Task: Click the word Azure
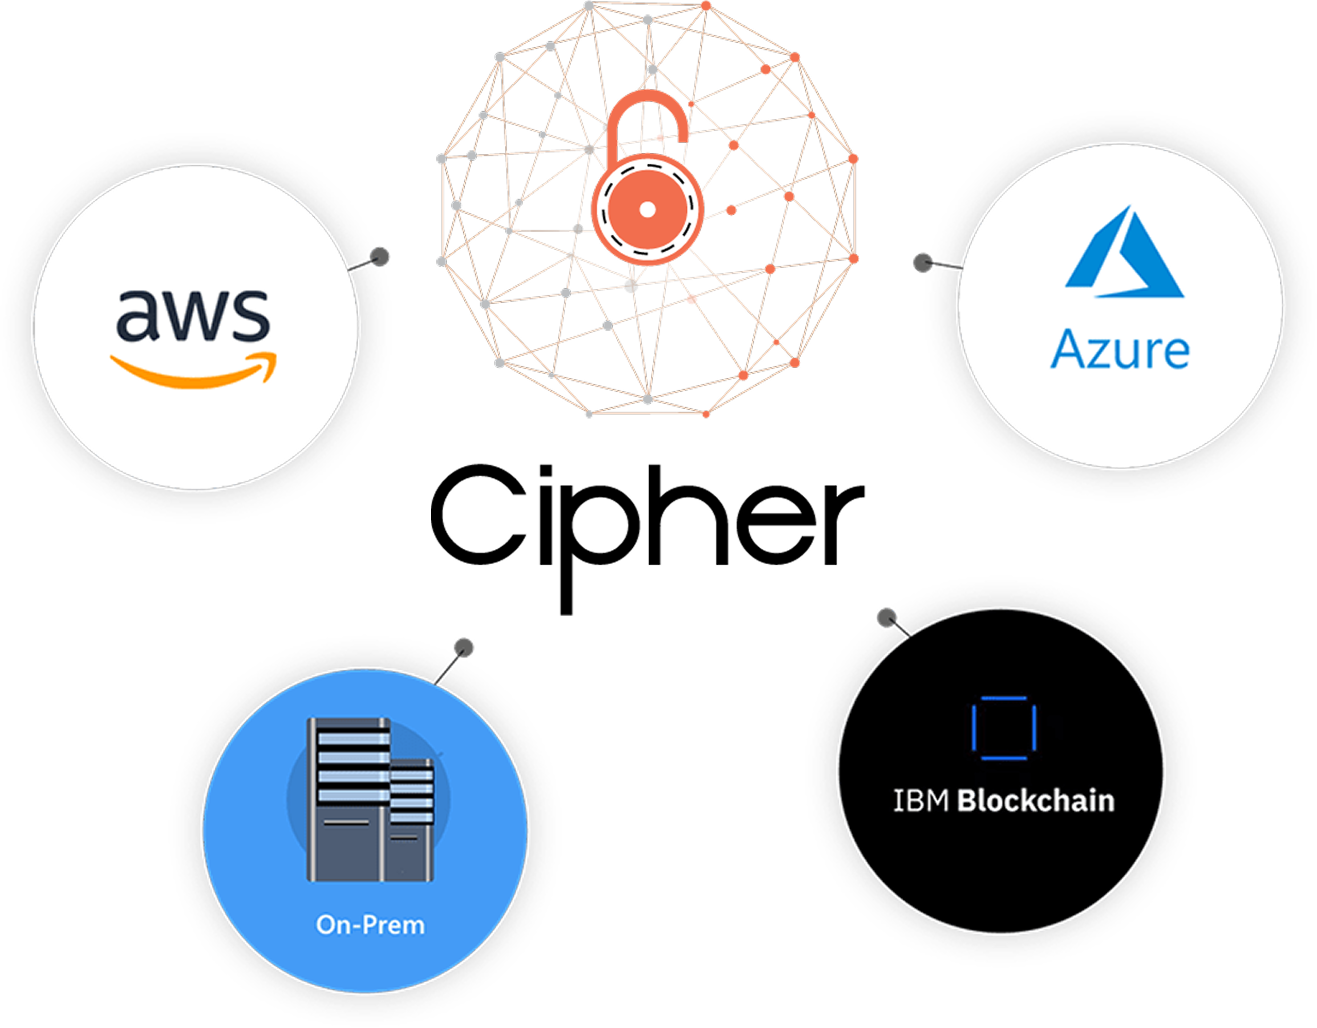(1120, 350)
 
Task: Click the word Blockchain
(1035, 802)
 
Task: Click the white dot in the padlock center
(647, 210)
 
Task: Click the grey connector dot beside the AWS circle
(380, 257)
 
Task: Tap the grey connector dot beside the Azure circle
(923, 263)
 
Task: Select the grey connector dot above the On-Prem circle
(464, 648)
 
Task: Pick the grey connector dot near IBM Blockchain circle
(886, 618)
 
